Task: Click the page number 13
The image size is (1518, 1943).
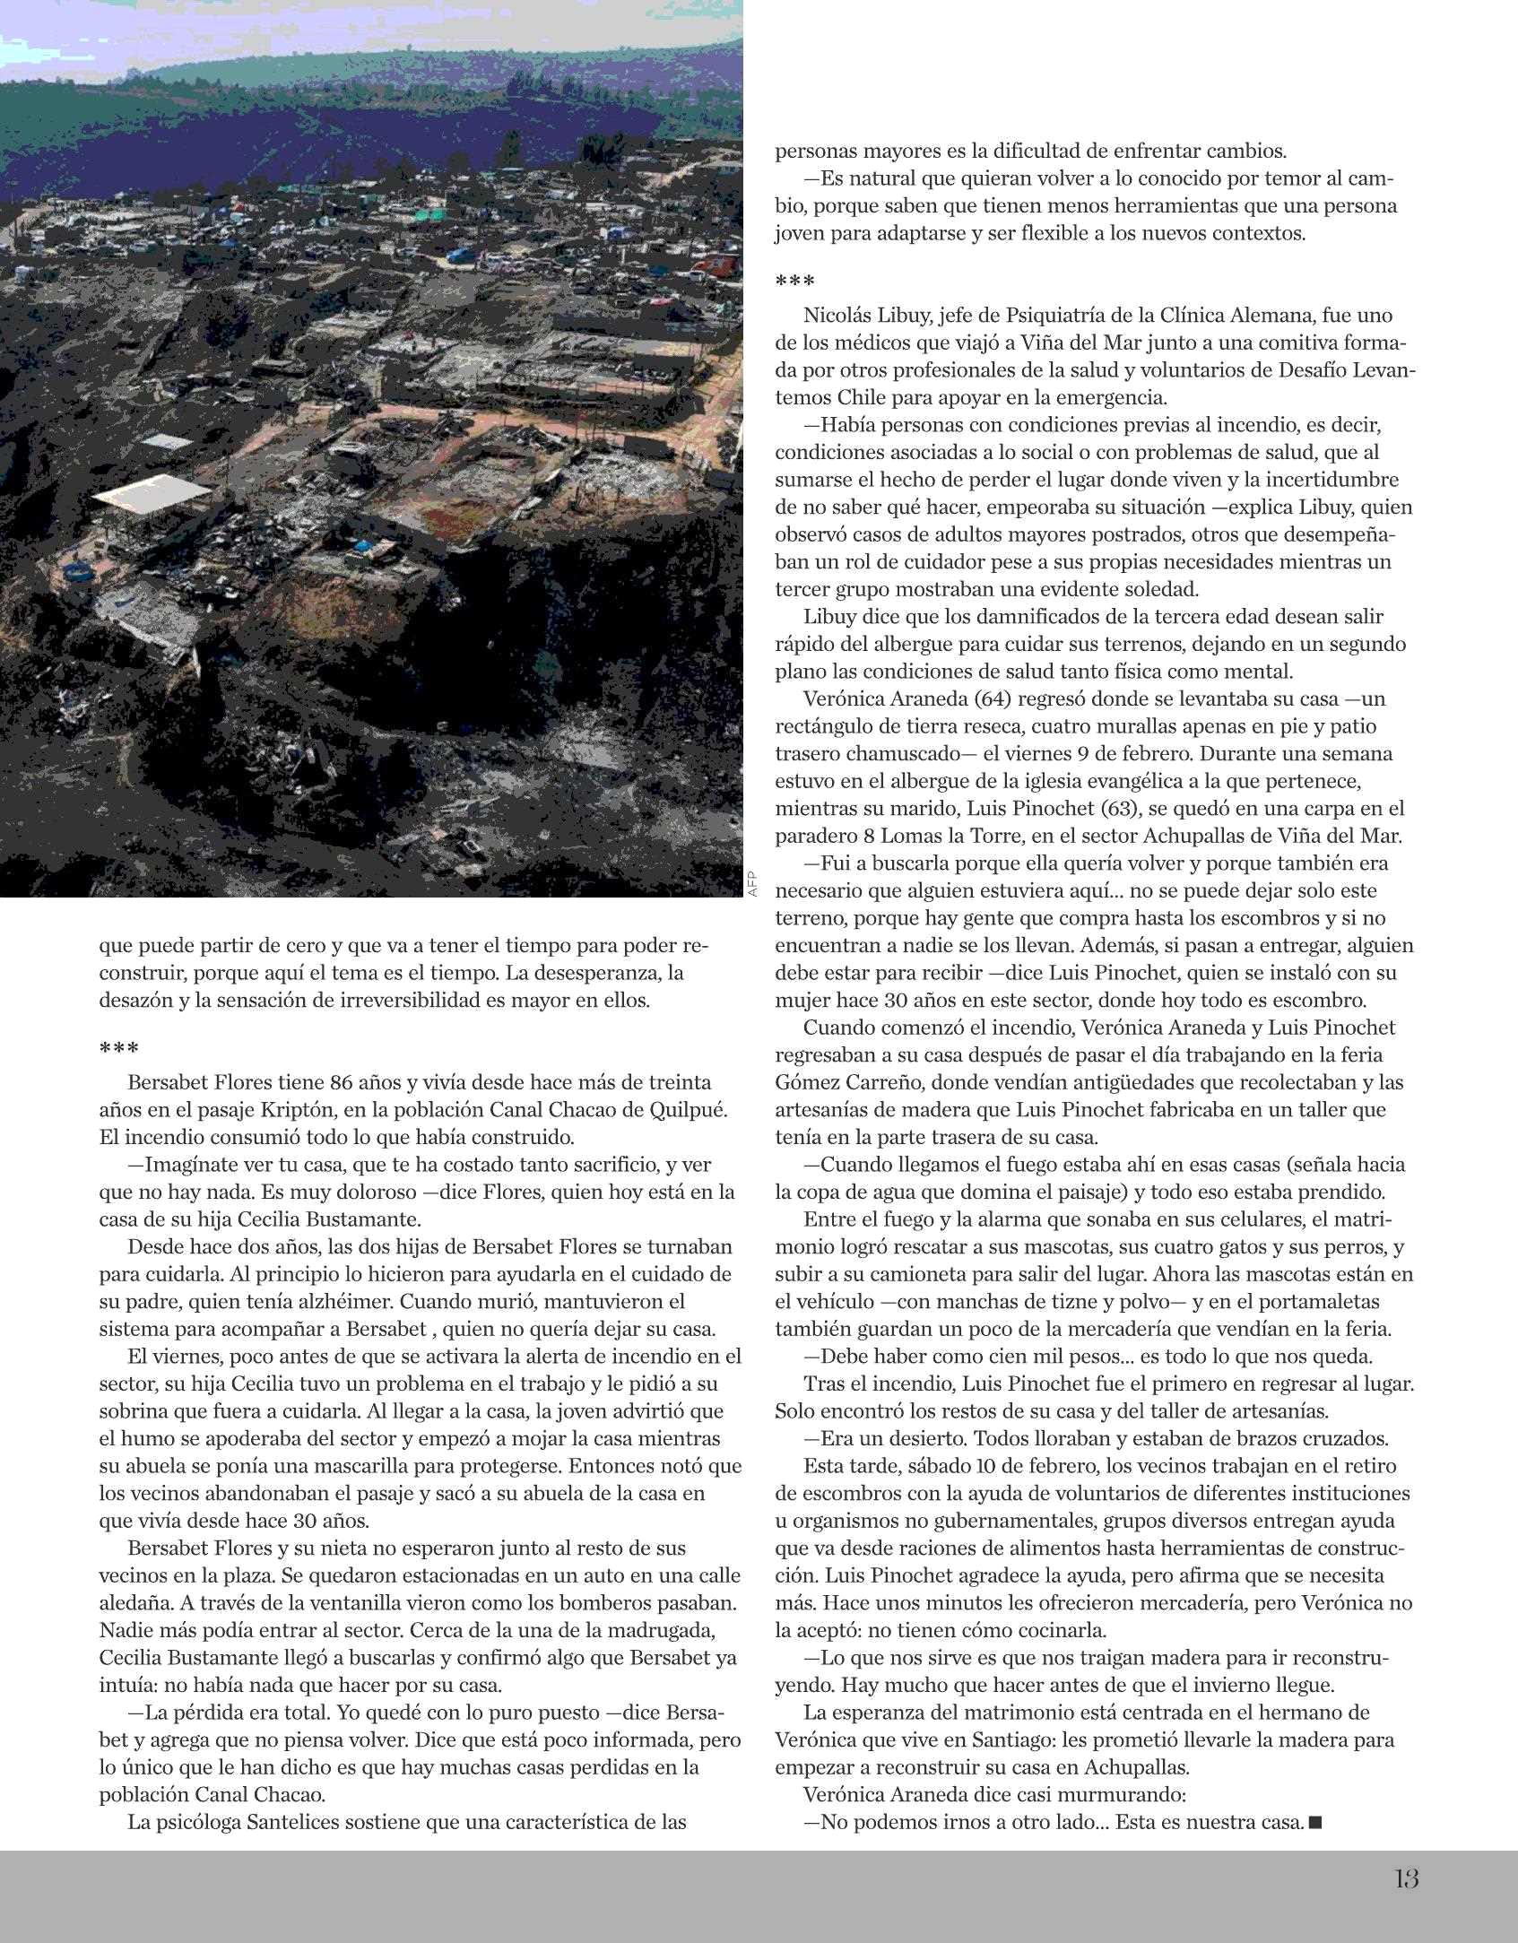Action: pyautogui.click(x=1406, y=1878)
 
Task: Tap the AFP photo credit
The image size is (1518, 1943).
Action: pyautogui.click(x=752, y=884)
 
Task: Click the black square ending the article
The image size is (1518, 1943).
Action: pyautogui.click(x=1315, y=1822)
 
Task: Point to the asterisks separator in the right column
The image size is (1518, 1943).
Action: pyautogui.click(x=794, y=282)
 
